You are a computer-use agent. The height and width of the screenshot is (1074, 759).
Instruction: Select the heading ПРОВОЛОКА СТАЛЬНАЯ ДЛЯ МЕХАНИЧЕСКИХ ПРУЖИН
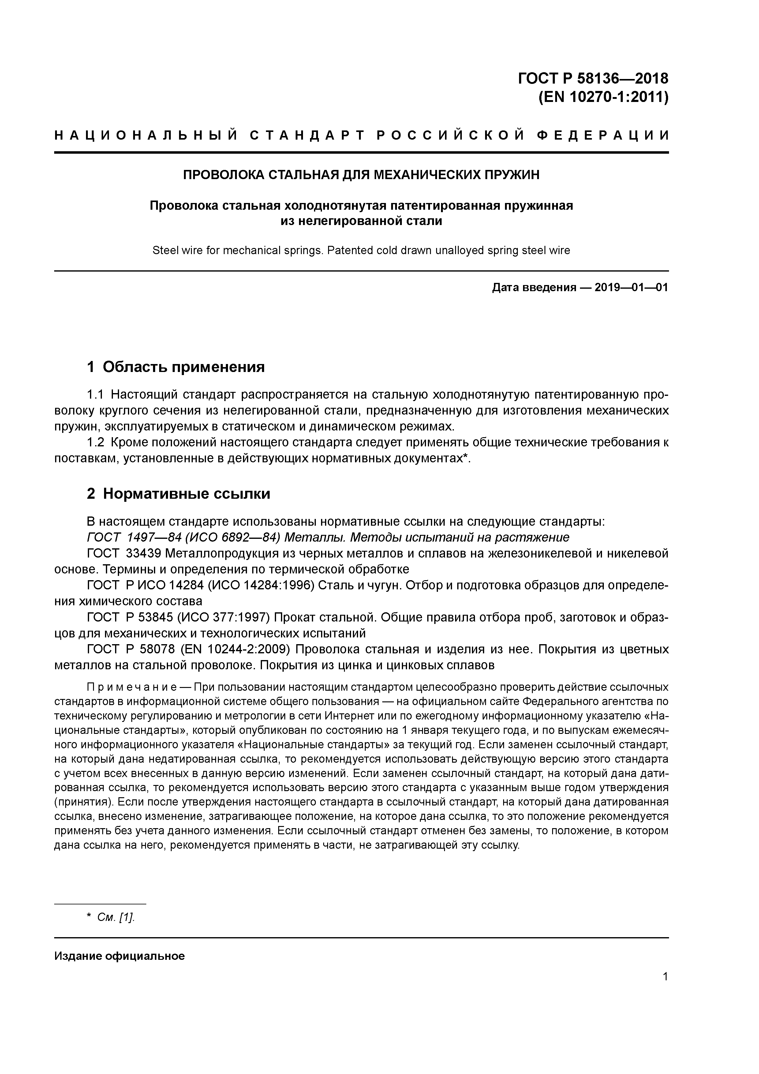[x=361, y=175]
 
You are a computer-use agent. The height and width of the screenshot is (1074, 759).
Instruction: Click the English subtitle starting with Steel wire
[x=361, y=251]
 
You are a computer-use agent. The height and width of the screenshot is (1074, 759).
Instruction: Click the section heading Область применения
[x=183, y=367]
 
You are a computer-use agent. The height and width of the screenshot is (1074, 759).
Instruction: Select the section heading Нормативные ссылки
[x=186, y=494]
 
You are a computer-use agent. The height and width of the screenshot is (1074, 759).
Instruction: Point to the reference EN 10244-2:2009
[x=236, y=650]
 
